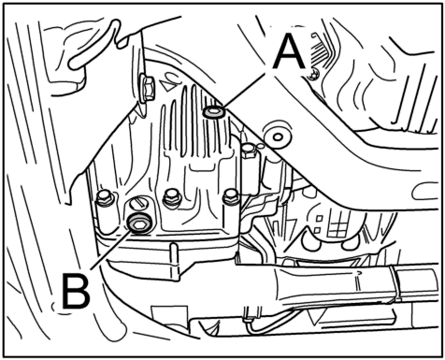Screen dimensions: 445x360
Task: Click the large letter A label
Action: pos(289,51)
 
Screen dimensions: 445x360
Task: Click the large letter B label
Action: pos(76,291)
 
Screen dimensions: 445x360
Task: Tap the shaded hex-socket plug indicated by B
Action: pos(140,223)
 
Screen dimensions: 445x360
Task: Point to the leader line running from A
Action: pos(245,89)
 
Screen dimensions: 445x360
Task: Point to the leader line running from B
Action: pos(110,250)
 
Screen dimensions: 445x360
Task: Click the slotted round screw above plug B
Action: pos(138,204)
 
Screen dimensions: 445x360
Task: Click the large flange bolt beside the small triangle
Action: pos(147,88)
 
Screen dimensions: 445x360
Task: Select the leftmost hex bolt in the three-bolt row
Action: pos(105,197)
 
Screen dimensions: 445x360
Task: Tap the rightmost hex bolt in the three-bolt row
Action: pos(231,196)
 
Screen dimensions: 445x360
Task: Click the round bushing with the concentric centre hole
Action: pos(278,137)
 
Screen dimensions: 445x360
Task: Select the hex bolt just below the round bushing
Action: pos(250,151)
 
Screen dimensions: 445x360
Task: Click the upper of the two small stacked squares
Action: pos(318,219)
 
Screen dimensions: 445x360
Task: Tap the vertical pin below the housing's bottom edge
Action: pos(174,262)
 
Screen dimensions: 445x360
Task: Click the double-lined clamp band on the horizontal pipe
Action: pos(395,284)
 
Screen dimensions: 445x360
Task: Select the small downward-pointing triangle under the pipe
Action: pos(314,317)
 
